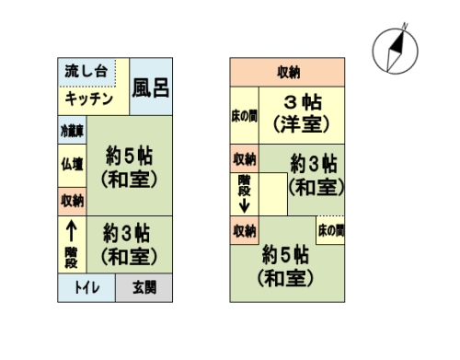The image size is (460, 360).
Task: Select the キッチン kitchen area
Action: (89, 99)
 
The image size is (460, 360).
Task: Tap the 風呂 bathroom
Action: (150, 87)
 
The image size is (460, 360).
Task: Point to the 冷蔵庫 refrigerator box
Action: (72, 131)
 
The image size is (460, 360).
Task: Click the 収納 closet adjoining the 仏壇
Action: (72, 200)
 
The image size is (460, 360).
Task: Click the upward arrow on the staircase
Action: (71, 227)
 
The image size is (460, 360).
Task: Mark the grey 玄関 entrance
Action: (144, 287)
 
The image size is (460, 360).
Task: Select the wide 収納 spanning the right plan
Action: (287, 72)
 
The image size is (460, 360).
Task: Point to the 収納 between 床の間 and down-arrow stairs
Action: (244, 158)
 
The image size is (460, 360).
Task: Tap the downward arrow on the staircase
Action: (244, 204)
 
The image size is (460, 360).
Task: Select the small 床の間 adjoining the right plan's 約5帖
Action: (330, 229)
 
